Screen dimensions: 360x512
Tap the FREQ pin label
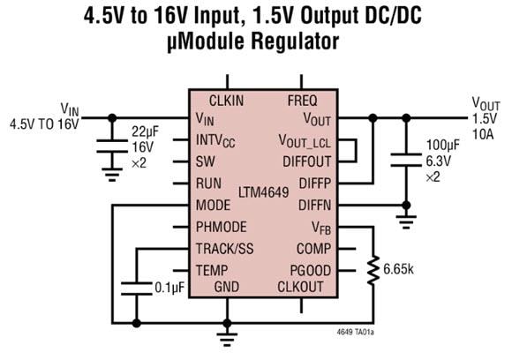pos(302,100)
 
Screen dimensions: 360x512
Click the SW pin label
pos(205,161)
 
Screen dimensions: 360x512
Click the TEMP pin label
pos(213,269)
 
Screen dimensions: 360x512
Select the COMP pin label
pos(313,248)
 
